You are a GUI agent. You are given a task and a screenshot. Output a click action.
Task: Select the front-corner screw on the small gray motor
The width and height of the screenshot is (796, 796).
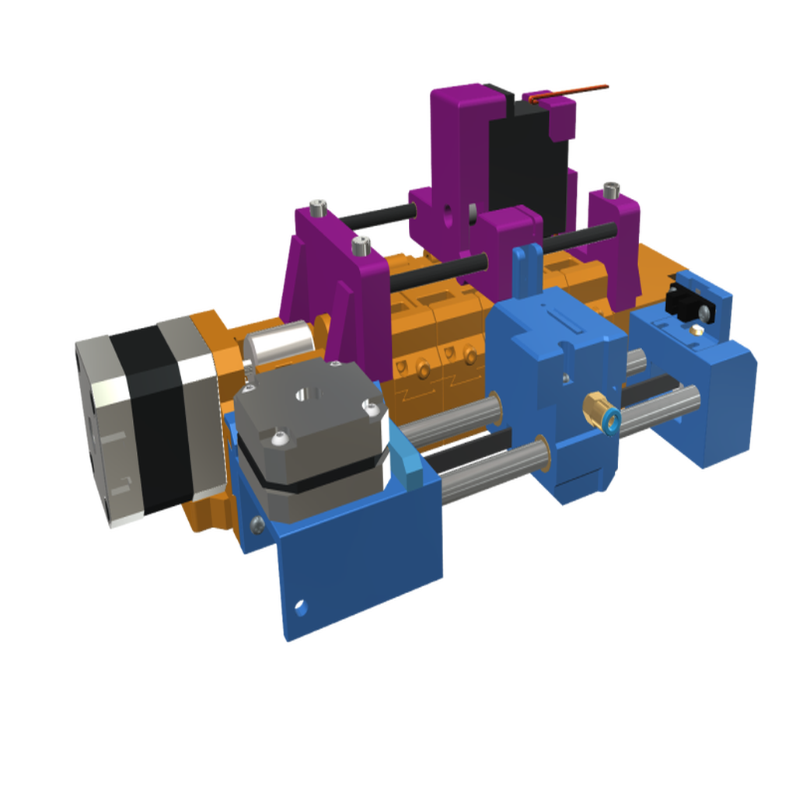tap(279, 441)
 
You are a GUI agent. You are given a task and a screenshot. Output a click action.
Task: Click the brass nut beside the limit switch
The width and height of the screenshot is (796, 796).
tap(696, 331)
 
